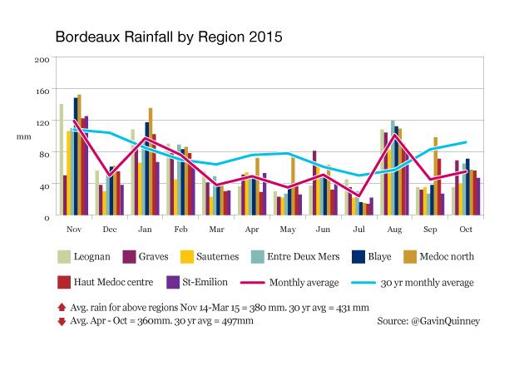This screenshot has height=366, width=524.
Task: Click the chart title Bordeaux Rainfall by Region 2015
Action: [168, 37]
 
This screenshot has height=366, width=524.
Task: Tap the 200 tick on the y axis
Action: [42, 60]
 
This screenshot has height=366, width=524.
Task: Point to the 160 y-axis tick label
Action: [42, 91]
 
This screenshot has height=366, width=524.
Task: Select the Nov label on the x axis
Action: [73, 229]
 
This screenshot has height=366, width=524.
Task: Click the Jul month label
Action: [358, 229]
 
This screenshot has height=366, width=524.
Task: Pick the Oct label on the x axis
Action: [467, 229]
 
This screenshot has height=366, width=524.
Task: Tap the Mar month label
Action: [215, 229]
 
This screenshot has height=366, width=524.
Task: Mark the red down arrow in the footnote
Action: [62, 320]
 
